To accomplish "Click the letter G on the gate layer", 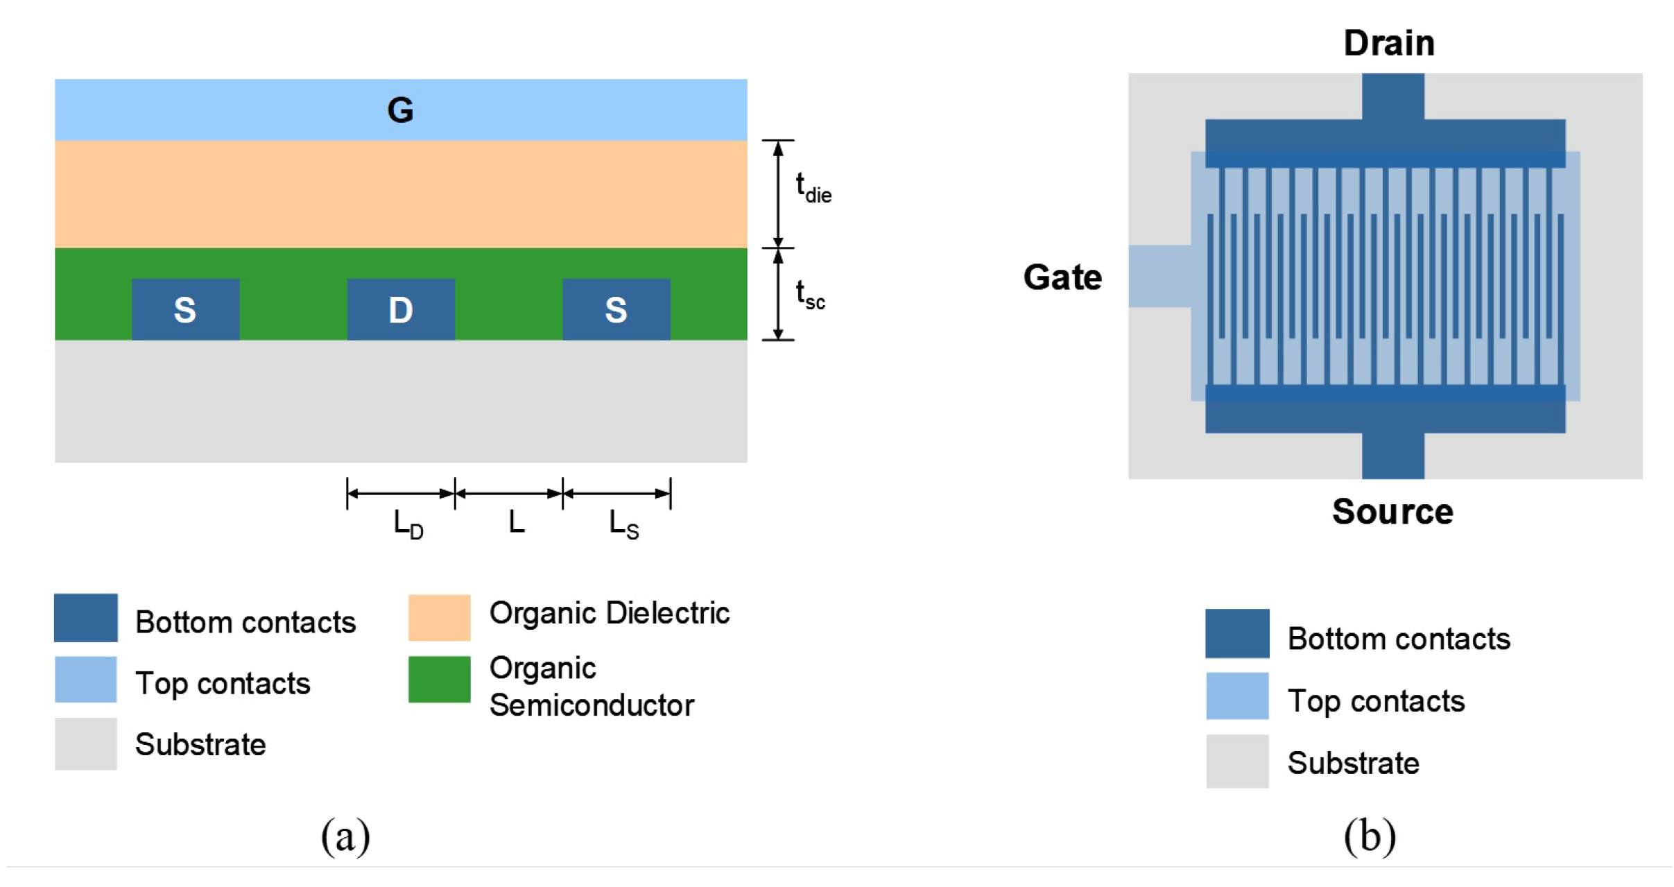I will tap(400, 110).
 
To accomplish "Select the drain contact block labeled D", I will tap(401, 309).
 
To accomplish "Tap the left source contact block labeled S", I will tap(185, 309).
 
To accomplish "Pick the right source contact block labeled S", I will tap(616, 309).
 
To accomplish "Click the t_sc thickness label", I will tap(810, 295).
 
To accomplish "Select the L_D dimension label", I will tap(408, 524).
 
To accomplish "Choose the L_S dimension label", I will tap(623, 524).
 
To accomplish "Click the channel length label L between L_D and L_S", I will tap(516, 522).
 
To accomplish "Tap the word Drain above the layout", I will tap(1388, 43).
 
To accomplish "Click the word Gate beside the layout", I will tap(1062, 277).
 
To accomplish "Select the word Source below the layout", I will tap(1392, 512).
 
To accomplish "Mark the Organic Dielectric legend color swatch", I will tap(439, 617).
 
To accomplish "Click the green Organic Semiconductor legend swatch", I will tap(439, 679).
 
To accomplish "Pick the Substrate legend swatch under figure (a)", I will tap(86, 743).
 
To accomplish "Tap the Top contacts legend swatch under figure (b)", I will tap(1236, 696).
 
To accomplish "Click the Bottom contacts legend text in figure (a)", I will tap(245, 622).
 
